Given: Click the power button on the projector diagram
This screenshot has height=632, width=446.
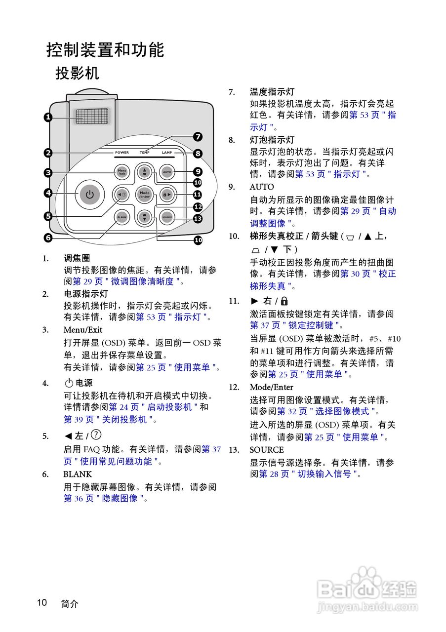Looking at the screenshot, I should [89, 194].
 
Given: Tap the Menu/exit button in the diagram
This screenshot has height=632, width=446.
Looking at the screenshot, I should [122, 172].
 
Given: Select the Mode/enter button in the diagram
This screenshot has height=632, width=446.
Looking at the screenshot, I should [144, 194].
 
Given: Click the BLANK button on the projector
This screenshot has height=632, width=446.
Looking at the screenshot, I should [122, 217].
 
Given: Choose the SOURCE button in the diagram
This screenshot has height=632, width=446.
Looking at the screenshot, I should [167, 217].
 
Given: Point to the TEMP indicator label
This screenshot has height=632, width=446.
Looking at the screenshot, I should [144, 153].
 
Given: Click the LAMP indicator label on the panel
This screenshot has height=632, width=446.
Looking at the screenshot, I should [167, 153].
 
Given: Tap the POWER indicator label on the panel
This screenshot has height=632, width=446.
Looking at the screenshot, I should [122, 153].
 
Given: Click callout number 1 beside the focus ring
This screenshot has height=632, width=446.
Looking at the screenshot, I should [48, 117].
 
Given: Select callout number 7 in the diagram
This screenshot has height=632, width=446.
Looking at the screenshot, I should [198, 137].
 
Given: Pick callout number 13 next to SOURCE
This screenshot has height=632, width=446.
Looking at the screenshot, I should [198, 218].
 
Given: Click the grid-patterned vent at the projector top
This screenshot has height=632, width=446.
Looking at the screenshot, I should [92, 117].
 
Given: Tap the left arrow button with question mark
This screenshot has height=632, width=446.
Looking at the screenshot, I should [122, 194].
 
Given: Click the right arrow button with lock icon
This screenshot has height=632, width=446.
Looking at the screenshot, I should [167, 194].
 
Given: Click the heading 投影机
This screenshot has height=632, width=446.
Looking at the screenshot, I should [77, 74].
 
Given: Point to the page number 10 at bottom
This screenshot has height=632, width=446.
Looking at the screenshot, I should [41, 602].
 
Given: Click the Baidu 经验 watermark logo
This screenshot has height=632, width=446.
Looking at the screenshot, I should [368, 590].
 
